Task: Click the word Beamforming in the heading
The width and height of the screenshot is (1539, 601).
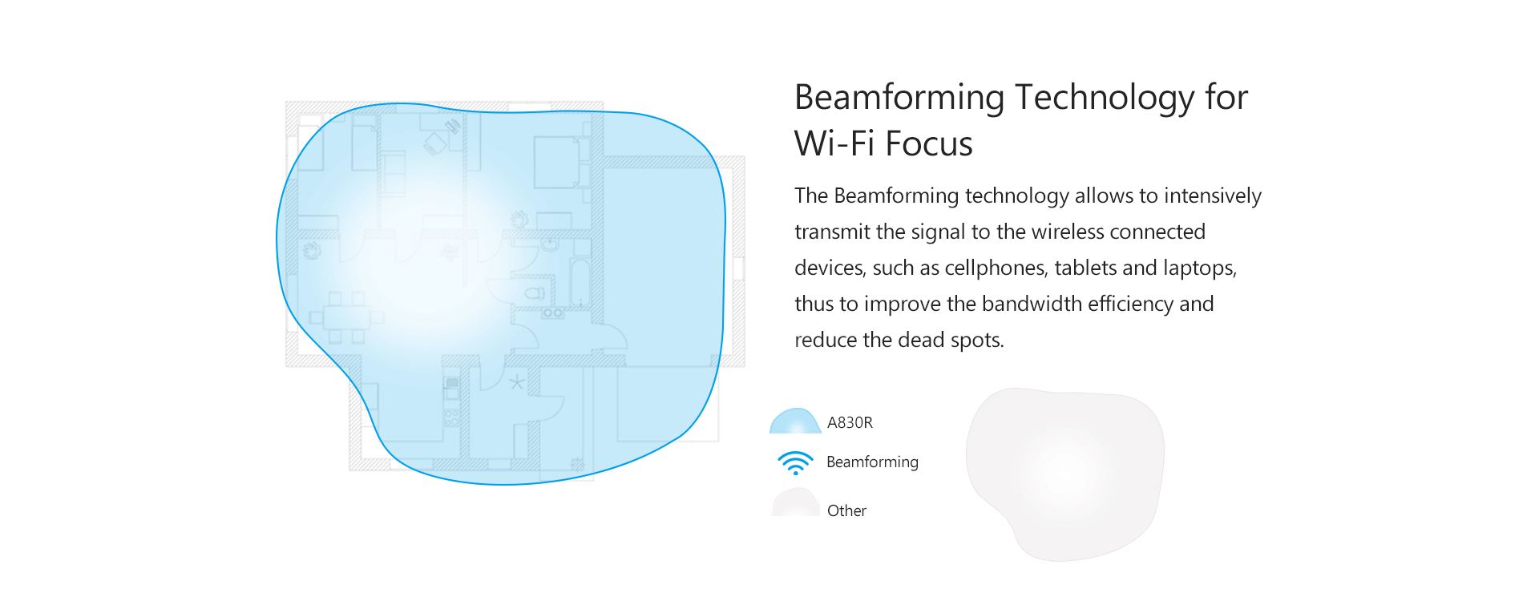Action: pyautogui.click(x=899, y=98)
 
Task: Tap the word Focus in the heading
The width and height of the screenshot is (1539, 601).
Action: pyautogui.click(x=929, y=144)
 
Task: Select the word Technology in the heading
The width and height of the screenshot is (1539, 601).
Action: pyautogui.click(x=1105, y=98)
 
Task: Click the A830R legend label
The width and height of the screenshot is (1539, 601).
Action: pyautogui.click(x=850, y=422)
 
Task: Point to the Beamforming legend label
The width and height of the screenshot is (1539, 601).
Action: pyautogui.click(x=872, y=462)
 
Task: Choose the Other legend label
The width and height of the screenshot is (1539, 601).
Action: pyautogui.click(x=846, y=510)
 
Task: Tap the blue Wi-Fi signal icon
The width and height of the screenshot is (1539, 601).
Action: pyautogui.click(x=795, y=462)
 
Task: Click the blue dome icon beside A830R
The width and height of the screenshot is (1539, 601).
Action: pyautogui.click(x=795, y=422)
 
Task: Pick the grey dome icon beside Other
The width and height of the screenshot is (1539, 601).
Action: pyautogui.click(x=795, y=502)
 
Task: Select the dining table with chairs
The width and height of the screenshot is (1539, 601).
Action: pyautogui.click(x=346, y=317)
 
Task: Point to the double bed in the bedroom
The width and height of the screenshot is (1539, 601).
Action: pyautogui.click(x=558, y=162)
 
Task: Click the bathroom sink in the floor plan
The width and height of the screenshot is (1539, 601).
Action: pyautogui.click(x=550, y=244)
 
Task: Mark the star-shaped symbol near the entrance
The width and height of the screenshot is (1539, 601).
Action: pyautogui.click(x=517, y=382)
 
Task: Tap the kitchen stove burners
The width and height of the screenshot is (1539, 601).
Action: pyautogui.click(x=552, y=313)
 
